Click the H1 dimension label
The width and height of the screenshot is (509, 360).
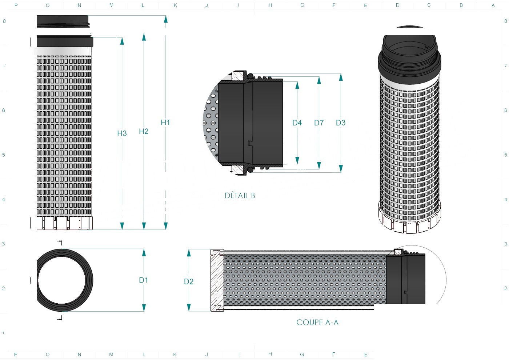[165, 123]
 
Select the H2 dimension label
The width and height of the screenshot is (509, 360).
[144, 131]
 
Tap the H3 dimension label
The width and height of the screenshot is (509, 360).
[122, 133]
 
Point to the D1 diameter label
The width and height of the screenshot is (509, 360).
[143, 280]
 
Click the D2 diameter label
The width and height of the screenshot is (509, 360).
[189, 281]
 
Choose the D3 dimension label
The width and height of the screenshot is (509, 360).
[341, 123]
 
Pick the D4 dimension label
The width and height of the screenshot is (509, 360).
[297, 123]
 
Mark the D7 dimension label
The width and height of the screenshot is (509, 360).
[319, 123]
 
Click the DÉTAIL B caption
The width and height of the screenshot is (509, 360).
[240, 196]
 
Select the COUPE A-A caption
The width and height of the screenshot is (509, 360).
[317, 322]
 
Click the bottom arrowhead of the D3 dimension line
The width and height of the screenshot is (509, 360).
[341, 169]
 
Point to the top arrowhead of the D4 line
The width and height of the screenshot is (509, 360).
[297, 85]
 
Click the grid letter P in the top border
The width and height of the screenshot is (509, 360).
[16, 5]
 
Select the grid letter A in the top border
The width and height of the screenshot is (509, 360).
[493, 5]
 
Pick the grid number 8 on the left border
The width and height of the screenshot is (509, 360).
[4, 21]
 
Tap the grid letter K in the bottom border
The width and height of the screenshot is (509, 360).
[175, 354]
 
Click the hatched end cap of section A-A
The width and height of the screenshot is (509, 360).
[217, 280]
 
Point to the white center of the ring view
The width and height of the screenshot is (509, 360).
[61, 280]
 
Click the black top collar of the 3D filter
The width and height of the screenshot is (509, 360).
[409, 56]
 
